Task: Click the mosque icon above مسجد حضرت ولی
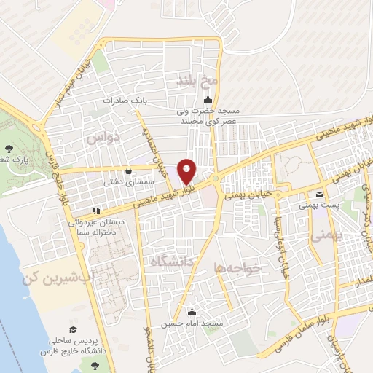(208, 101)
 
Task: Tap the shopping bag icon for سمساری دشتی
(129, 170)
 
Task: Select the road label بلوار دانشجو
(154, 321)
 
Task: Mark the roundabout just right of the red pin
(216, 178)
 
